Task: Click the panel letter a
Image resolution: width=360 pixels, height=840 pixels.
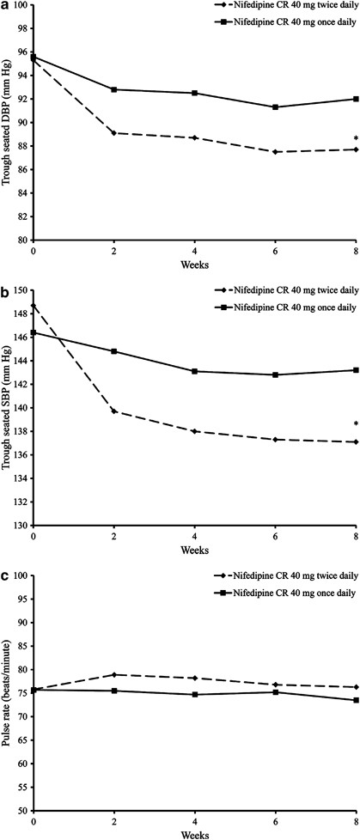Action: click(x=6, y=7)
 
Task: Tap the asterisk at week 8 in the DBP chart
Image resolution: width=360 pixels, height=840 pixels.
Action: click(x=355, y=139)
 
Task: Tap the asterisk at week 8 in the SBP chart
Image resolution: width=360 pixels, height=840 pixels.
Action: click(x=355, y=423)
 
